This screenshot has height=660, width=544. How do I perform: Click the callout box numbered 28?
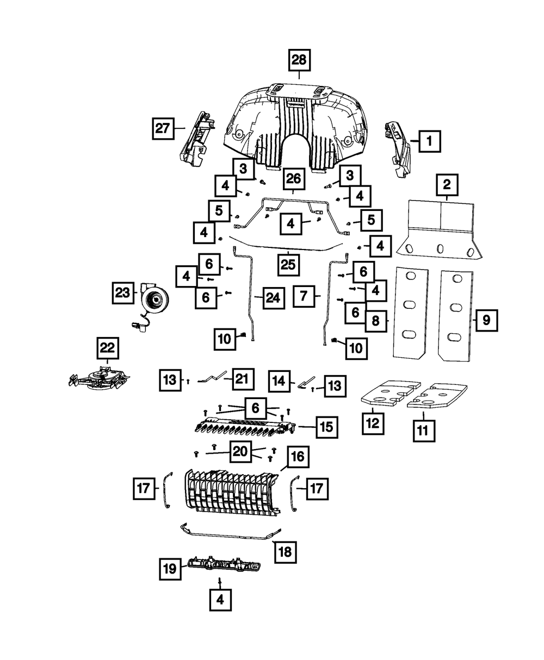coord(299,59)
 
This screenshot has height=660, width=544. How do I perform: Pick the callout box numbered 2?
coord(447,185)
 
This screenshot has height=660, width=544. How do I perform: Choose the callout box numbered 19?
coord(170,569)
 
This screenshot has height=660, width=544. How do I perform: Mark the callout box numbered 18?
coord(285,551)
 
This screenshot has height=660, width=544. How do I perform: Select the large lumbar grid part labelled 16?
coord(231,492)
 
